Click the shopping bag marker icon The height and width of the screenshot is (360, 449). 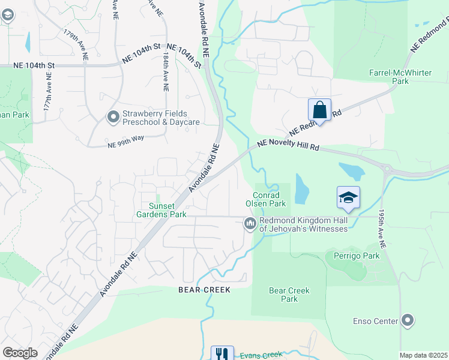[x=319, y=110]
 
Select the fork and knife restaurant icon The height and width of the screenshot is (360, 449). [x=222, y=353]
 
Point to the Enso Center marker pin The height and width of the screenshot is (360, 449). [x=408, y=320]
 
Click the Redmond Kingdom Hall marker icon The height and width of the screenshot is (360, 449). [x=250, y=224]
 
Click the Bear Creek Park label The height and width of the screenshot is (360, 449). [x=289, y=295]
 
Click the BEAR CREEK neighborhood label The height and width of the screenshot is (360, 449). [x=205, y=290]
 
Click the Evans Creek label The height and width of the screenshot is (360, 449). [x=261, y=355]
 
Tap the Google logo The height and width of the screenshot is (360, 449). [x=20, y=353]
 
